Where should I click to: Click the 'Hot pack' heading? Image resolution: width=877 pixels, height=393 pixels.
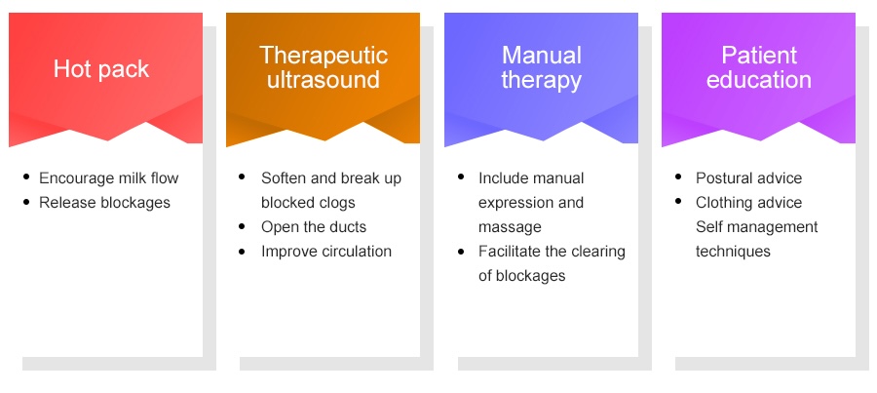coord(101,69)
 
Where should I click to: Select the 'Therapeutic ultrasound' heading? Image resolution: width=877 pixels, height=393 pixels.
coord(324,67)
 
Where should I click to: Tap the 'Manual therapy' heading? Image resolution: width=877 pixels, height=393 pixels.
coord(542,67)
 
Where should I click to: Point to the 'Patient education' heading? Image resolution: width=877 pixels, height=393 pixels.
coord(759,67)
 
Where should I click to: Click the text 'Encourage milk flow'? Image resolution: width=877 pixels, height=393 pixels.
coord(108,178)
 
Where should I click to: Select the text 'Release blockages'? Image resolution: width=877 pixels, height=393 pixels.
coord(104,202)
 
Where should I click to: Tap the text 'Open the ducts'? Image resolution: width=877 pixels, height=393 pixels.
coord(314,227)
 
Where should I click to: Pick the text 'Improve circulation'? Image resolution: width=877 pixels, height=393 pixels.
coord(326,252)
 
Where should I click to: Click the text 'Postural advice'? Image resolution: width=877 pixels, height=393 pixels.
coord(749,178)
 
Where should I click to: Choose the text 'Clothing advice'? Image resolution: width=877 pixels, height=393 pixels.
coord(749,203)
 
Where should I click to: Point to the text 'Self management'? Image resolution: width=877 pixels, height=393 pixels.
coord(757,227)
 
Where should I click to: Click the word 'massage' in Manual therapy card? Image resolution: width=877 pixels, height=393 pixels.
coord(510,227)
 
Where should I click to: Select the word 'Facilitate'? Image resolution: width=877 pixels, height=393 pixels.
coord(510,252)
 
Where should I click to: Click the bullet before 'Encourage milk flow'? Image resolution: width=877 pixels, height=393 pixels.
coord(26,177)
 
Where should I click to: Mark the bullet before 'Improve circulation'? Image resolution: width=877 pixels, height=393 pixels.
coord(242,252)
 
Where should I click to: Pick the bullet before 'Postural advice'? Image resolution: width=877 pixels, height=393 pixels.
coord(678,177)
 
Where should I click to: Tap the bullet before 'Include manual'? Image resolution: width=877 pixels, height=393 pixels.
coord(461,177)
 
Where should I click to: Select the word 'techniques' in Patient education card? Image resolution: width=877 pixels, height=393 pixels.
coord(733,252)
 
